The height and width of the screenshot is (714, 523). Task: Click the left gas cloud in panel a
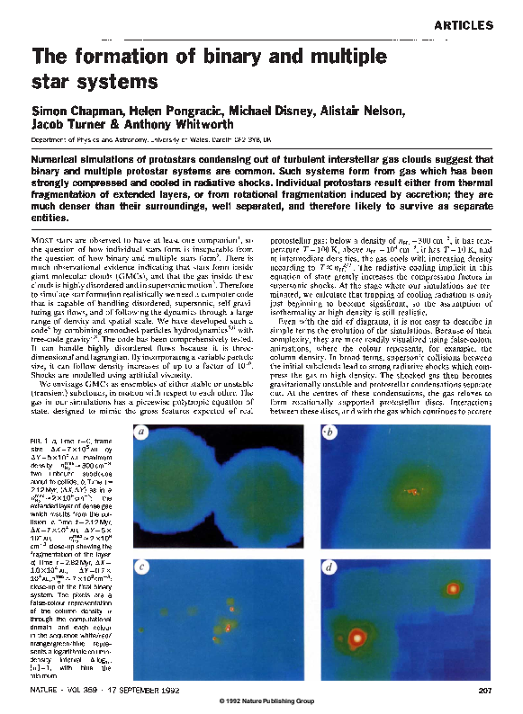tap(181, 490)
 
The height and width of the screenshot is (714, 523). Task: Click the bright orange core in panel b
tap(413, 492)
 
